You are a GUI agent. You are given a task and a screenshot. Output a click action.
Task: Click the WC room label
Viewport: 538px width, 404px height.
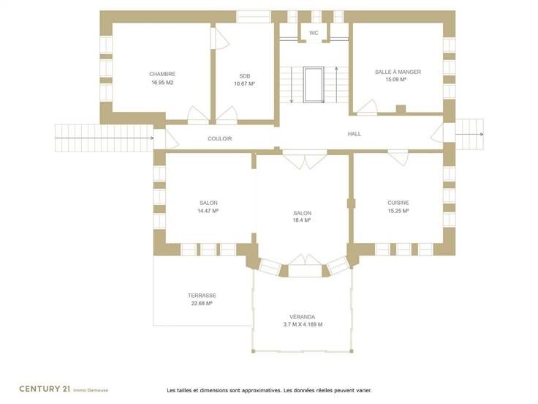pos(314,33)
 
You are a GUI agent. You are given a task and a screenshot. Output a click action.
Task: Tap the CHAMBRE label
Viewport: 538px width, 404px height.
pos(162,74)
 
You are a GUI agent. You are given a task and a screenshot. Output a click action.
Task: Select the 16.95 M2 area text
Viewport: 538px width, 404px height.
pos(162,83)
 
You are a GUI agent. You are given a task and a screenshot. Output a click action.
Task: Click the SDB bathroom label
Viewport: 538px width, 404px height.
pos(245,76)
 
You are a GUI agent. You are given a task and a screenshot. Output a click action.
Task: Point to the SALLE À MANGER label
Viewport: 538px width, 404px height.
pos(398,72)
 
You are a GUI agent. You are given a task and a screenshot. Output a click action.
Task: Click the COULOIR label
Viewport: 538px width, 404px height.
pos(219,138)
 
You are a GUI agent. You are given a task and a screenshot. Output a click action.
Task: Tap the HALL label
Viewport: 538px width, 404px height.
pos(354,134)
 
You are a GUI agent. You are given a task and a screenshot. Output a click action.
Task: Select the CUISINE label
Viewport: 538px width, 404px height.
pos(398,203)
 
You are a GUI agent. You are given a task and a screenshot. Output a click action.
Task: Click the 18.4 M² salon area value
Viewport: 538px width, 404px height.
pos(302,220)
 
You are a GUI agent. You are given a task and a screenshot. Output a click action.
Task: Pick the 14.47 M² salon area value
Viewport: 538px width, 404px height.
pos(208,211)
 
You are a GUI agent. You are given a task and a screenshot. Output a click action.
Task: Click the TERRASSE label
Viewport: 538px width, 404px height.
pos(202,296)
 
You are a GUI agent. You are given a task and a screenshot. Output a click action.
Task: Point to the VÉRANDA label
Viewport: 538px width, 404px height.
pos(302,317)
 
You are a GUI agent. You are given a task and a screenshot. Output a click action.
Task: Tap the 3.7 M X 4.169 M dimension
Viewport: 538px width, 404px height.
pos(303,324)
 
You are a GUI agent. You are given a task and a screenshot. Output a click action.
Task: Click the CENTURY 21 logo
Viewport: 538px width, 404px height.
pos(45,389)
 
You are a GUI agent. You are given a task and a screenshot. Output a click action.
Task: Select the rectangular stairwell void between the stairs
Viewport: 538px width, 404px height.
pos(314,85)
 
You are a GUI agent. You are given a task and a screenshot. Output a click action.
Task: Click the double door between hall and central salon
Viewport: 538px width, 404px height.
pos(304,160)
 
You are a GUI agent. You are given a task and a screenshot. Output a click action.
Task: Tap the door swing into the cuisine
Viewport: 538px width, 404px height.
pos(398,157)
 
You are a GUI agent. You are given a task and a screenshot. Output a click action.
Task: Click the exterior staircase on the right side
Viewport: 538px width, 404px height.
pos(469,135)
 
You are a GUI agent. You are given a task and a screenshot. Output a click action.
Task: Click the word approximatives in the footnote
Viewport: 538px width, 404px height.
pos(261,390)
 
